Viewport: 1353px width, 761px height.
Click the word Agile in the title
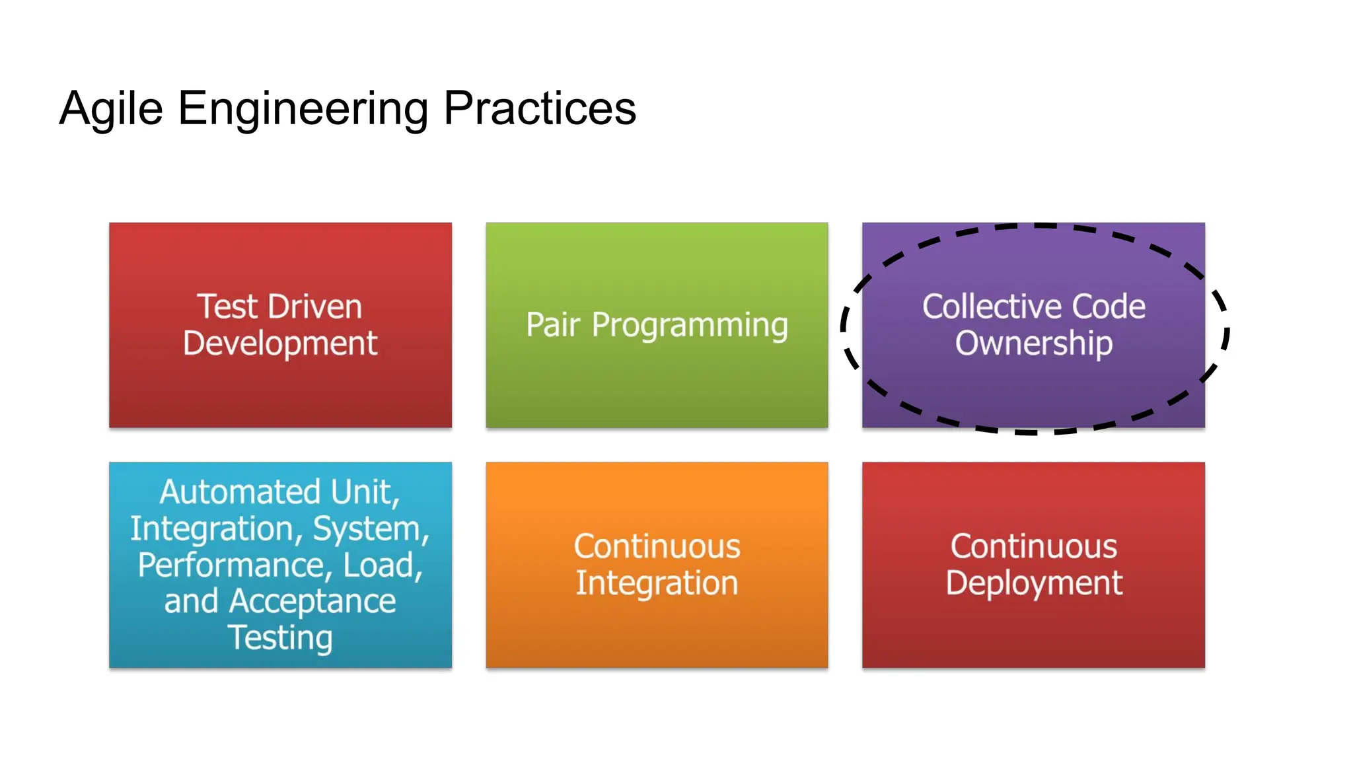111,109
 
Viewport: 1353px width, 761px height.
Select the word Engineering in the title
303,109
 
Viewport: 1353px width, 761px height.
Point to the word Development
280,344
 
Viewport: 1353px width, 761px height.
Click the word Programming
690,326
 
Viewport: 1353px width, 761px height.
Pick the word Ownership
1033,344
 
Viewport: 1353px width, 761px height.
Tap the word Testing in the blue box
280,638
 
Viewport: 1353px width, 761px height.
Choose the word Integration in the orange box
657,584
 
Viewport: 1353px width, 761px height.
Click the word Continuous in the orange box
657,546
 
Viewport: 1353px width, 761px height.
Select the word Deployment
1033,584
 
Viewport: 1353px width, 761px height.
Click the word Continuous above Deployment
1033,546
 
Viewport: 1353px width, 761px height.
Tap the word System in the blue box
370,529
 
